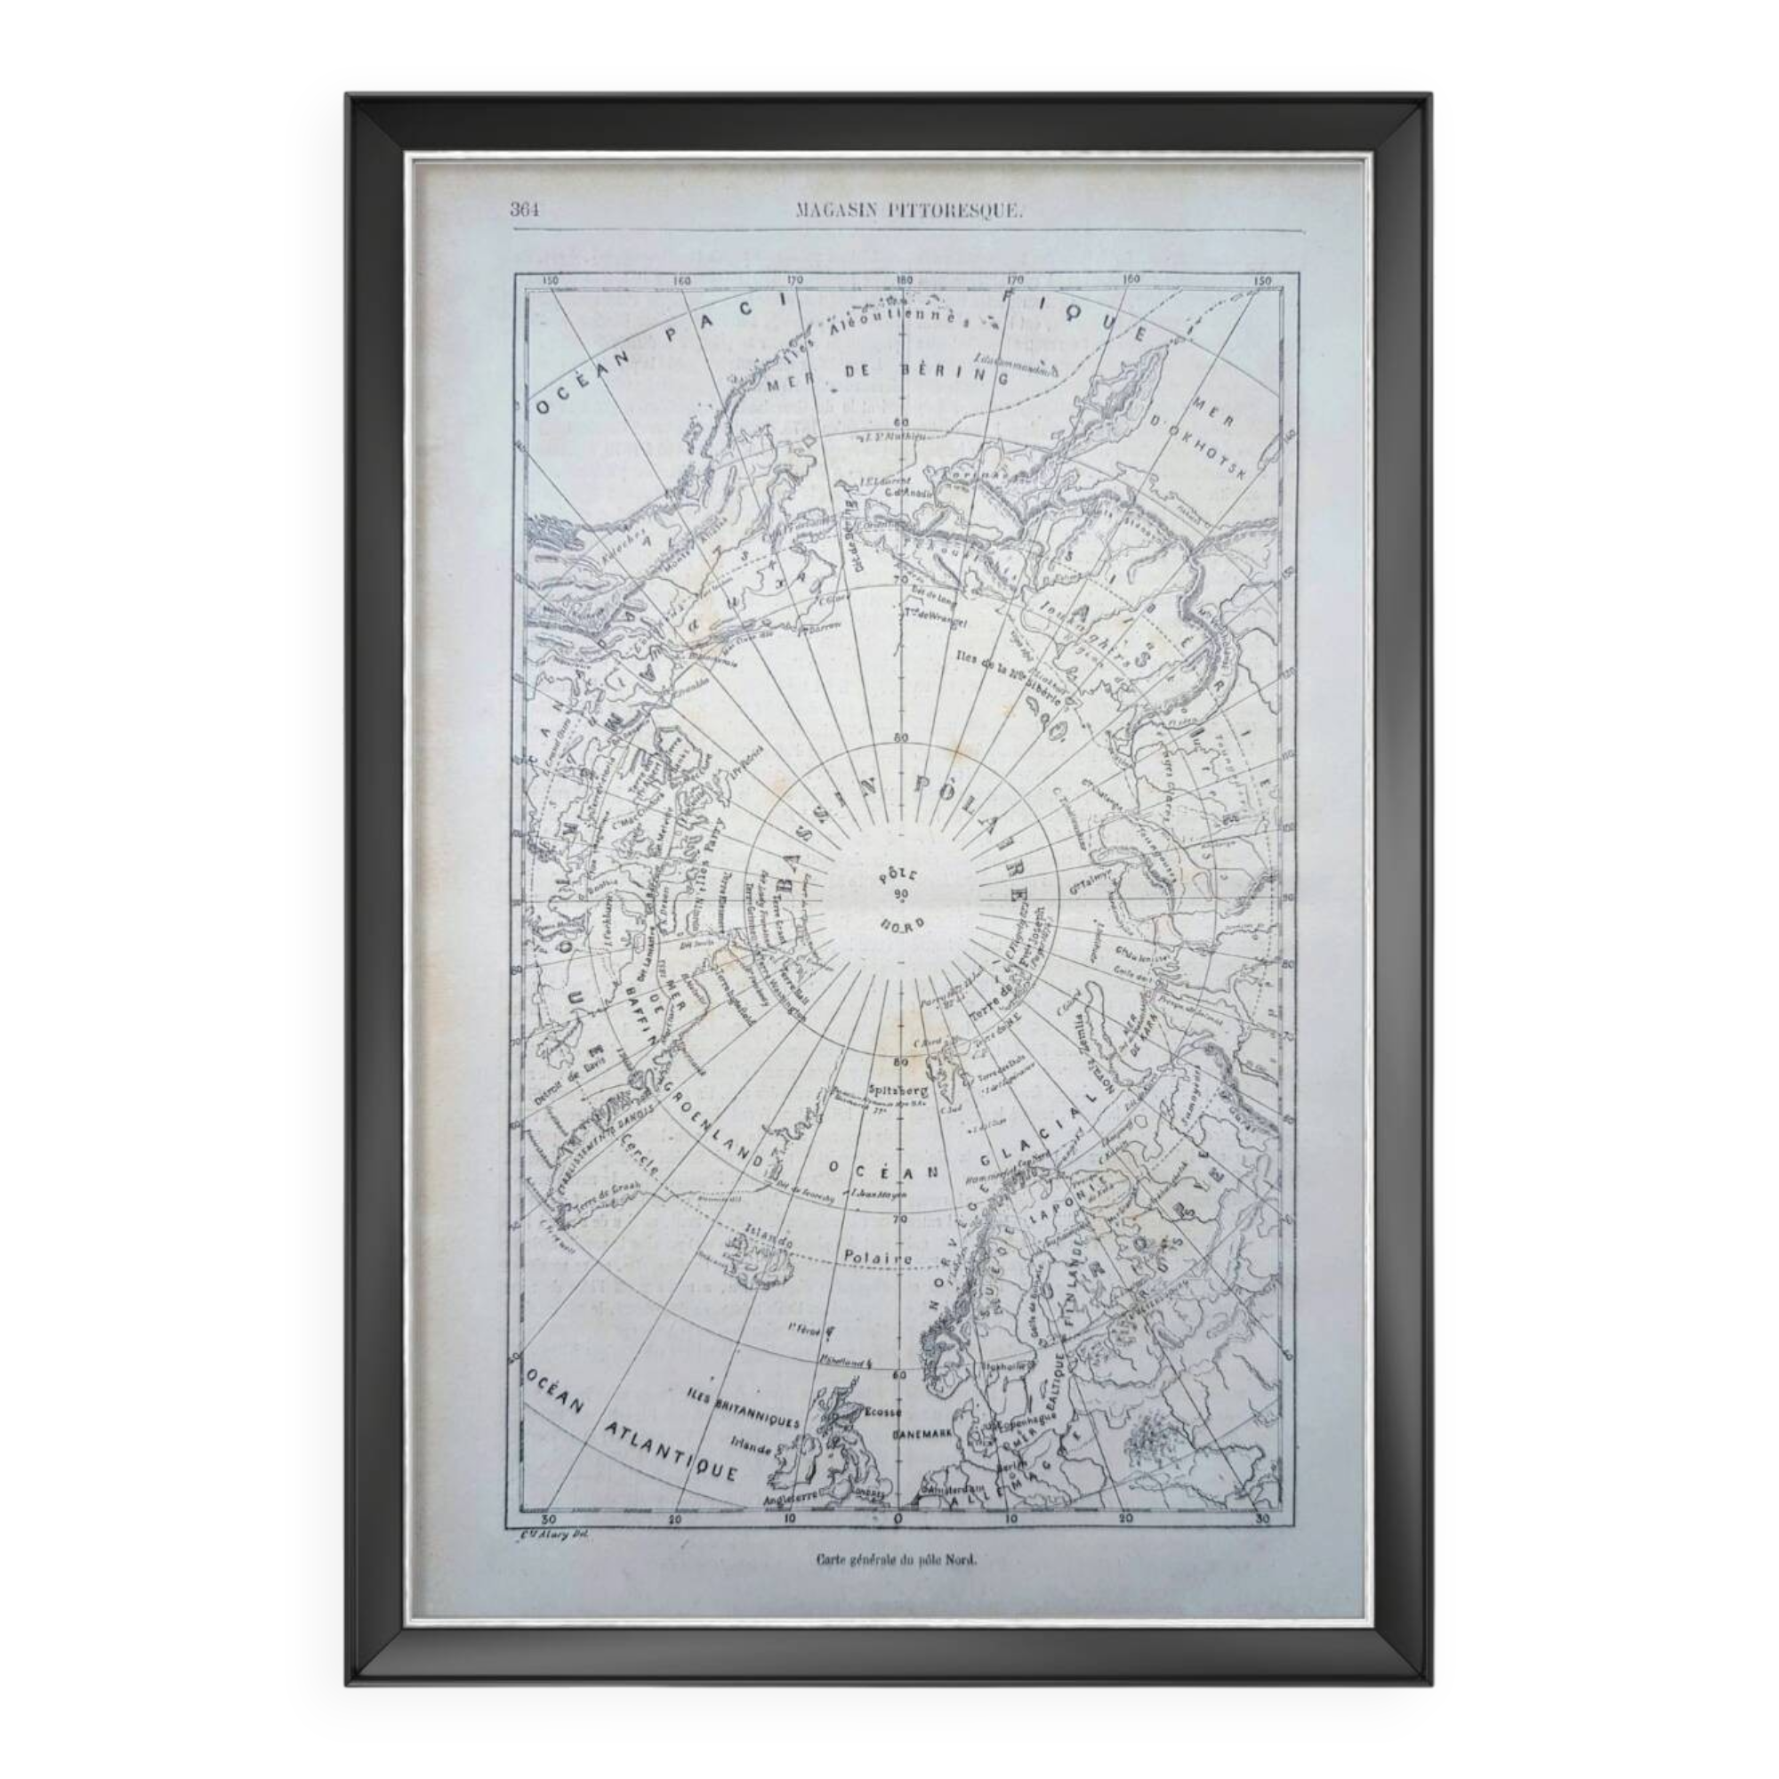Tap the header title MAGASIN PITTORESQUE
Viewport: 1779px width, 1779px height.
pyautogui.click(x=908, y=211)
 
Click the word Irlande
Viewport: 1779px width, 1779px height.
pyautogui.click(x=753, y=1446)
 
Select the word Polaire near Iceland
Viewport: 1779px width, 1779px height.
pyautogui.click(x=877, y=1257)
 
